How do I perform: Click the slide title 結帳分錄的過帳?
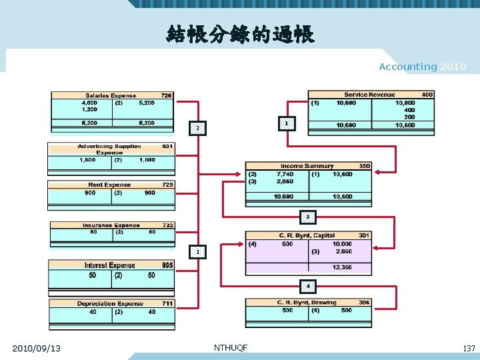point(241,34)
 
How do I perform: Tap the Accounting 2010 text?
point(422,67)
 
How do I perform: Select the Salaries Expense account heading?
point(110,96)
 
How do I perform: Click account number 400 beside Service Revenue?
point(427,95)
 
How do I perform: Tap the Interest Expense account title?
point(109,265)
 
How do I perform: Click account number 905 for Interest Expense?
point(167,265)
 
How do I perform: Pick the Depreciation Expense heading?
point(110,304)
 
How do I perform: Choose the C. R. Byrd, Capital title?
point(307,236)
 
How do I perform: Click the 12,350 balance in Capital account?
point(342,267)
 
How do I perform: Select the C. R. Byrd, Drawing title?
point(307,303)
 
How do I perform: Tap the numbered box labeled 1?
point(286,123)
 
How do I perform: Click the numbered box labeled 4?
point(307,287)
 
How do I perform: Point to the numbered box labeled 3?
point(307,217)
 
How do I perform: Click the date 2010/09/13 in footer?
point(37,348)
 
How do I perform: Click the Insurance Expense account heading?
point(111,225)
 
